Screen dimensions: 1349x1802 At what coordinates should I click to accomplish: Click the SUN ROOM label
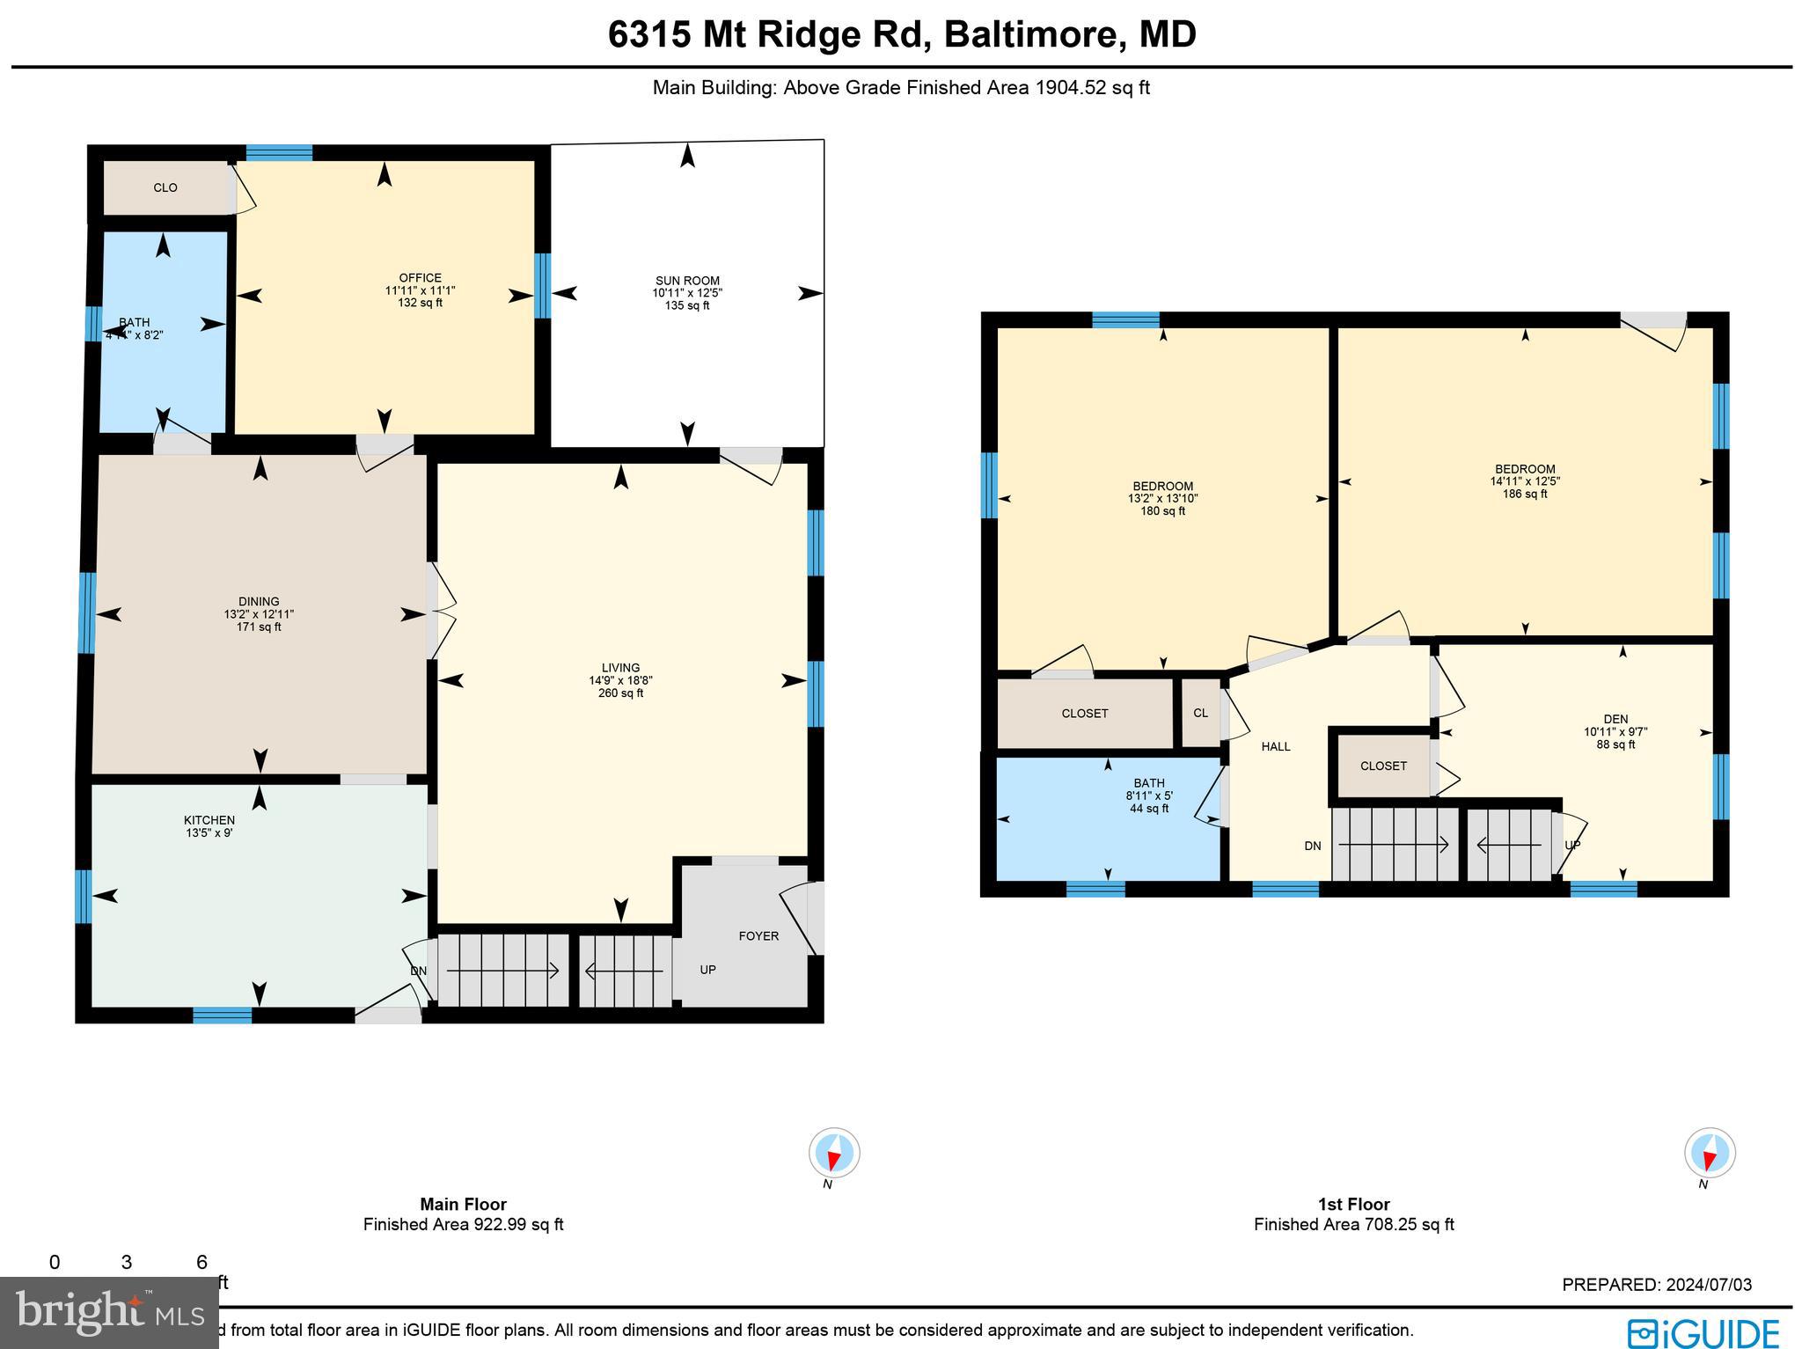(x=687, y=281)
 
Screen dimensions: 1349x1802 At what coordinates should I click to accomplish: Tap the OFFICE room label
(x=420, y=278)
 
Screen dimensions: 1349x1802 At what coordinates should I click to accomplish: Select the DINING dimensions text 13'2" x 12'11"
(x=259, y=615)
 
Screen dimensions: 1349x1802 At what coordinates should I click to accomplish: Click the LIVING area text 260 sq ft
(x=620, y=693)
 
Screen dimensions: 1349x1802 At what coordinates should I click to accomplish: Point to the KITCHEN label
(x=209, y=820)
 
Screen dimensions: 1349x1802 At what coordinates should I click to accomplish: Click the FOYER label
(x=758, y=935)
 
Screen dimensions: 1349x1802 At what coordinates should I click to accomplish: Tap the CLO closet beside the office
(x=165, y=187)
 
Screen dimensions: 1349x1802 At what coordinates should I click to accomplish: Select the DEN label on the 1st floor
(x=1615, y=719)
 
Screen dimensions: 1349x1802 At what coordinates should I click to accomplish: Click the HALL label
(x=1276, y=746)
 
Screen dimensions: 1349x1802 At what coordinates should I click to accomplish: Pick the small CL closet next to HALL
(x=1201, y=713)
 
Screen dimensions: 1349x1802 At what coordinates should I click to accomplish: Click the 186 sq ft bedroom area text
(x=1525, y=494)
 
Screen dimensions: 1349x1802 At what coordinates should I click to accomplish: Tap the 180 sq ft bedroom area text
(x=1163, y=511)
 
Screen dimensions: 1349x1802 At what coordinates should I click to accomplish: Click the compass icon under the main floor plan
(x=833, y=1152)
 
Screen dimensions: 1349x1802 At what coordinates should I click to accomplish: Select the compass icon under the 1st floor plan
(x=1709, y=1152)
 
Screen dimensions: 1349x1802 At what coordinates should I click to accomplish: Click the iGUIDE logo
(x=1703, y=1332)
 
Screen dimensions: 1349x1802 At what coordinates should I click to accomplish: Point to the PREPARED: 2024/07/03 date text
(x=1657, y=1285)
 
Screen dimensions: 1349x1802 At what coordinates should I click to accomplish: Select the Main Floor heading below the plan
(x=463, y=1204)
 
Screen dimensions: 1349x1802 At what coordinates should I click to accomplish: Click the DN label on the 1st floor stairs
(x=1313, y=846)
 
